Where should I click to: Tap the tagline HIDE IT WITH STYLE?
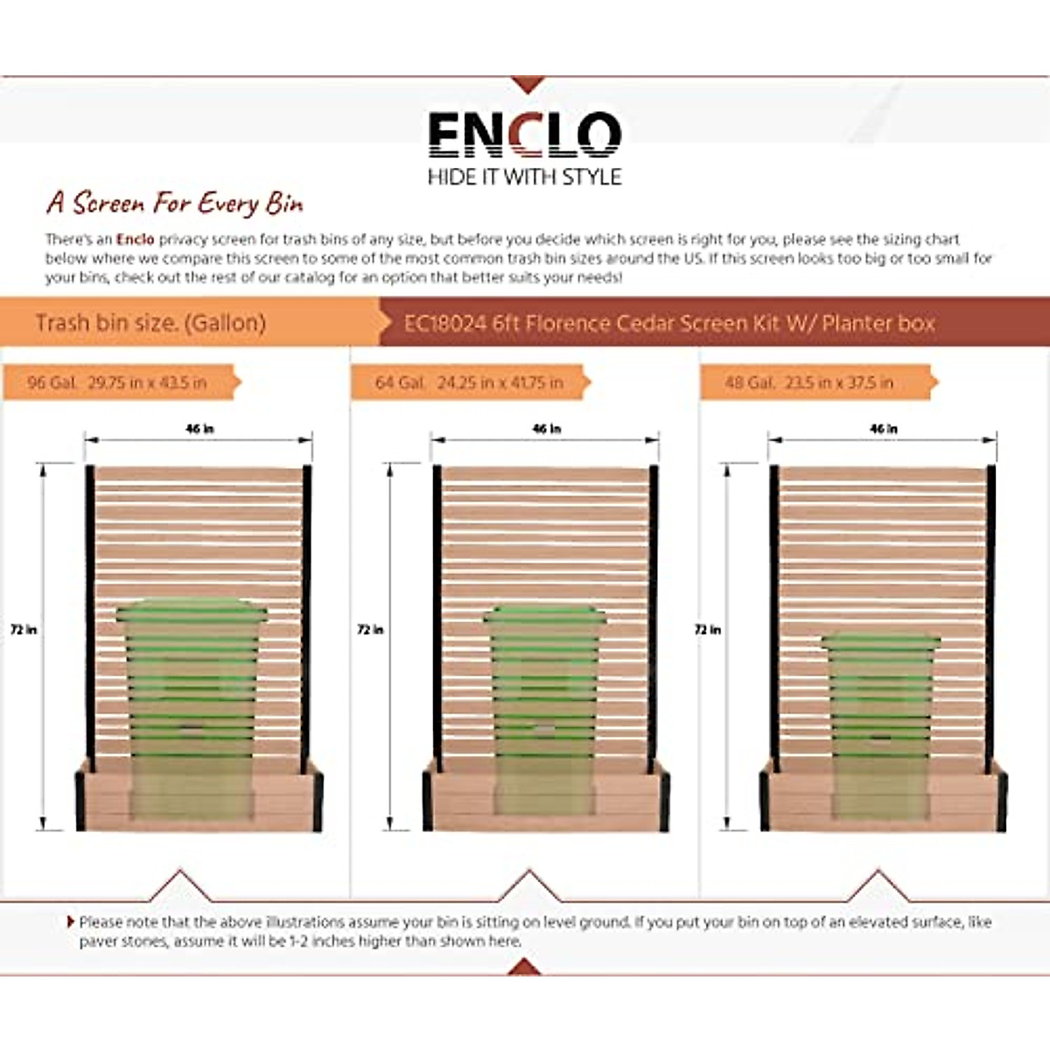524,177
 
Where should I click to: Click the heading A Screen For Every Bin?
175,203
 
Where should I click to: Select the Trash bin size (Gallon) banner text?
150,323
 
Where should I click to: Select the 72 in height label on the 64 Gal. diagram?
370,629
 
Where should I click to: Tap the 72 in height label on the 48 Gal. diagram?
707,629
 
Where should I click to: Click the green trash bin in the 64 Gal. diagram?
544,700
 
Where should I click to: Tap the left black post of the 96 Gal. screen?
89,612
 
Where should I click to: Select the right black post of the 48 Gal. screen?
991,612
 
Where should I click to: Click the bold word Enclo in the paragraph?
135,239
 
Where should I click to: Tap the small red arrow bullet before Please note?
71,921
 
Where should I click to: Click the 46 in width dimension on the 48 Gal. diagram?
884,429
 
